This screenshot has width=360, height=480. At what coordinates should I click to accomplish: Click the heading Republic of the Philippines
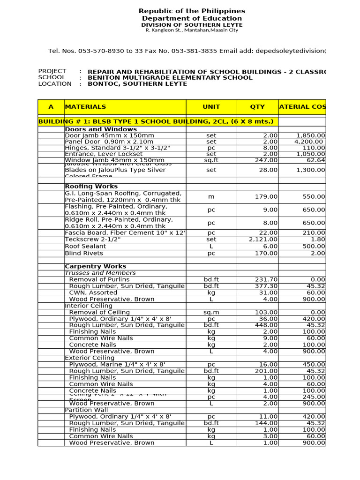(x=192, y=11)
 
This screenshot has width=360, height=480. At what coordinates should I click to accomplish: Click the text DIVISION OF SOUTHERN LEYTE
(x=192, y=24)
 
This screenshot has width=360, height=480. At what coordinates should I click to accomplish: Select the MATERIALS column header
(x=85, y=107)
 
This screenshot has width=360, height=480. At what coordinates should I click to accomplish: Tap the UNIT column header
(x=211, y=107)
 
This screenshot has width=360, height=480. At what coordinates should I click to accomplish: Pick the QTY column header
(x=257, y=107)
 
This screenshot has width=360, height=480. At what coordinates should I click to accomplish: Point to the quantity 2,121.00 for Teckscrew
(x=263, y=240)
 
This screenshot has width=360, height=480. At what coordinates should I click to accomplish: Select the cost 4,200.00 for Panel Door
(x=308, y=142)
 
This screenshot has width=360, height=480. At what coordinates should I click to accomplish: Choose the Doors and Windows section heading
(x=101, y=129)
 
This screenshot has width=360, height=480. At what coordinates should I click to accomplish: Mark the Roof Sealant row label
(x=85, y=246)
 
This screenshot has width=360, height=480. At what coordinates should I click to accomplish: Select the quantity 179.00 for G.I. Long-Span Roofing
(x=266, y=197)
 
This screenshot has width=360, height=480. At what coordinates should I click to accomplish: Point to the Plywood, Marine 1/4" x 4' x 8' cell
(x=117, y=364)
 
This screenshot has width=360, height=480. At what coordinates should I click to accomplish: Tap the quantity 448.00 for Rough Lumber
(x=266, y=325)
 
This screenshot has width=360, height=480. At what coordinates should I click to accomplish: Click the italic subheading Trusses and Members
(x=100, y=273)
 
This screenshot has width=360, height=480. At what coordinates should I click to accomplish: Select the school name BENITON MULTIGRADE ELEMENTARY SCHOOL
(x=170, y=78)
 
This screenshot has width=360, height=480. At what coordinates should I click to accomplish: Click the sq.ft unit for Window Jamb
(x=211, y=160)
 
